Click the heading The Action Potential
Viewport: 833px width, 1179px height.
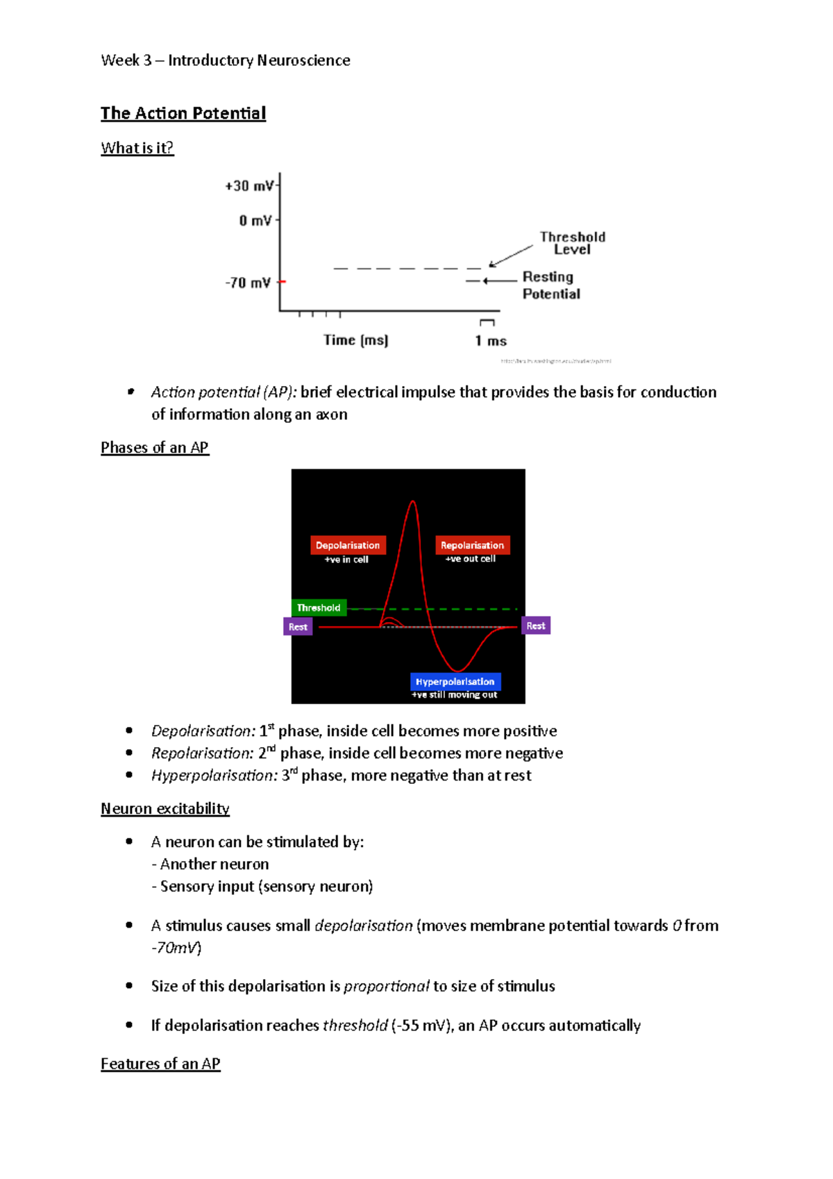click(x=183, y=113)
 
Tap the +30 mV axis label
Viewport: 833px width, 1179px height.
click(x=249, y=186)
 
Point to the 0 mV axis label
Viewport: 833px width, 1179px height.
click(x=255, y=221)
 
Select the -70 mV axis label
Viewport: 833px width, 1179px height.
click(x=248, y=283)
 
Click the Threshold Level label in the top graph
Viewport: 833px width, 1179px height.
click(x=572, y=243)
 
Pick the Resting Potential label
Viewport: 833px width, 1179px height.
click(x=550, y=285)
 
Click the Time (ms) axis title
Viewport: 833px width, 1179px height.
click(x=355, y=340)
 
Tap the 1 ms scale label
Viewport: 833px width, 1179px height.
click(x=491, y=341)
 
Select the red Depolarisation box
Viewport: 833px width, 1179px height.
click(x=348, y=545)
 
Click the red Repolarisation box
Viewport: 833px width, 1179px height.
click(x=472, y=545)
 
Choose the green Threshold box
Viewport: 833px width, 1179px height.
click(x=319, y=608)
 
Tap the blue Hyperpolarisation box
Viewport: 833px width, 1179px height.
click(x=455, y=682)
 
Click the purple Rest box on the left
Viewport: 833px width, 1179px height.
click(x=298, y=627)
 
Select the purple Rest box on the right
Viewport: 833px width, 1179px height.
click(x=535, y=626)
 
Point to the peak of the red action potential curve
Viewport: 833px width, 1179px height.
click(x=413, y=501)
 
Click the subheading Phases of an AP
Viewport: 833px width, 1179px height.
click(x=155, y=448)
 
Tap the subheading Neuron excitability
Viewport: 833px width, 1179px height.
click(x=165, y=809)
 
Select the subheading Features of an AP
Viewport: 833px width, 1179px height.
click(x=160, y=1064)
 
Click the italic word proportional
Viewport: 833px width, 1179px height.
click(x=387, y=987)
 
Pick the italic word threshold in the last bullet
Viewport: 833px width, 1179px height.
click(x=355, y=1026)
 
